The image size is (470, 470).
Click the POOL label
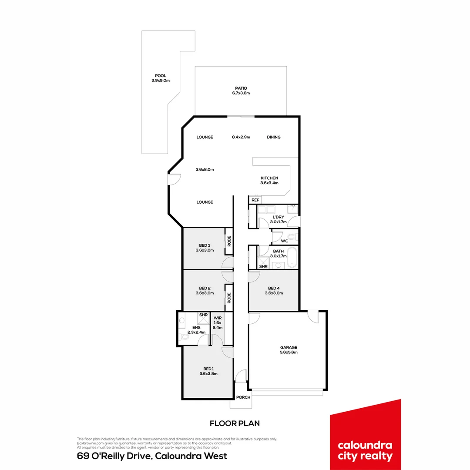point(160,76)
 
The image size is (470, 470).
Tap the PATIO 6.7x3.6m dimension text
point(241,93)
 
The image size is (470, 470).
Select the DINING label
point(274,137)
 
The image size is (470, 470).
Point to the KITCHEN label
point(269,178)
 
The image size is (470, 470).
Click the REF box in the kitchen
point(255,200)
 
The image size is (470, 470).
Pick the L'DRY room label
point(278,217)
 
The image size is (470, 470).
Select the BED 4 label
point(274,288)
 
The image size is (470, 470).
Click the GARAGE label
point(289,347)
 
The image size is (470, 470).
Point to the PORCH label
point(243,397)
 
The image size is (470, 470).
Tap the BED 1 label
point(208,369)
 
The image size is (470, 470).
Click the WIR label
point(218,318)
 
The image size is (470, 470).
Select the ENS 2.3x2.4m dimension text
point(196,332)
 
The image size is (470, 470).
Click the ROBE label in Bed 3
point(229,241)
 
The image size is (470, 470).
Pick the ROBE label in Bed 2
point(229,298)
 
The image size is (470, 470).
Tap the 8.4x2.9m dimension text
point(241,137)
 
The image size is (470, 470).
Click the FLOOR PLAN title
point(235,423)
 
